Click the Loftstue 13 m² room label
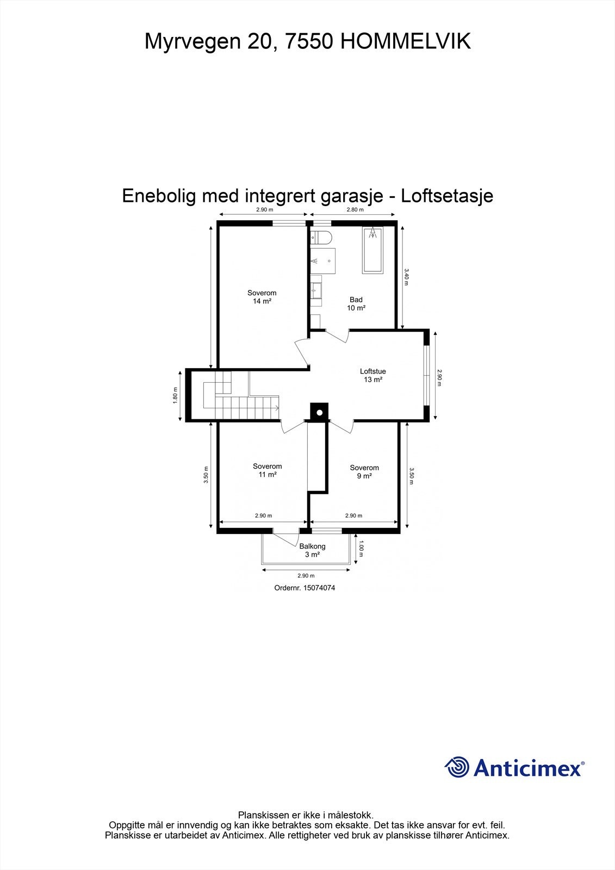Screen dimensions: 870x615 pos(372,376)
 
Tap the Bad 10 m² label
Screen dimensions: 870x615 pos(356,304)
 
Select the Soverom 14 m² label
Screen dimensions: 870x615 pos(262,297)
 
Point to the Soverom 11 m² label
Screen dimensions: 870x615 pos(267,470)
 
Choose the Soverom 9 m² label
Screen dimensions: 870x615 pos(364,472)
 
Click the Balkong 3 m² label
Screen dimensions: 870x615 pos(312,550)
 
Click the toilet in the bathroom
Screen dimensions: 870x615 pos(321,238)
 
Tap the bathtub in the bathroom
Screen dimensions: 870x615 pos(372,250)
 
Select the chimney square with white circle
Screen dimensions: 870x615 pos(319,412)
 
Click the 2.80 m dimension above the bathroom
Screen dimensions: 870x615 pos(355,210)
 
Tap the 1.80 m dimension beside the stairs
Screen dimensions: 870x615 pos(175,395)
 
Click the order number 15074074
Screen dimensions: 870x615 pos(305,588)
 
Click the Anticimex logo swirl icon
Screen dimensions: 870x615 pos(457,767)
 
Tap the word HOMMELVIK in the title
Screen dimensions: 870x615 pos(405,41)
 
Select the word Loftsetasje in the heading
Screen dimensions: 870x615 pos(446,196)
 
